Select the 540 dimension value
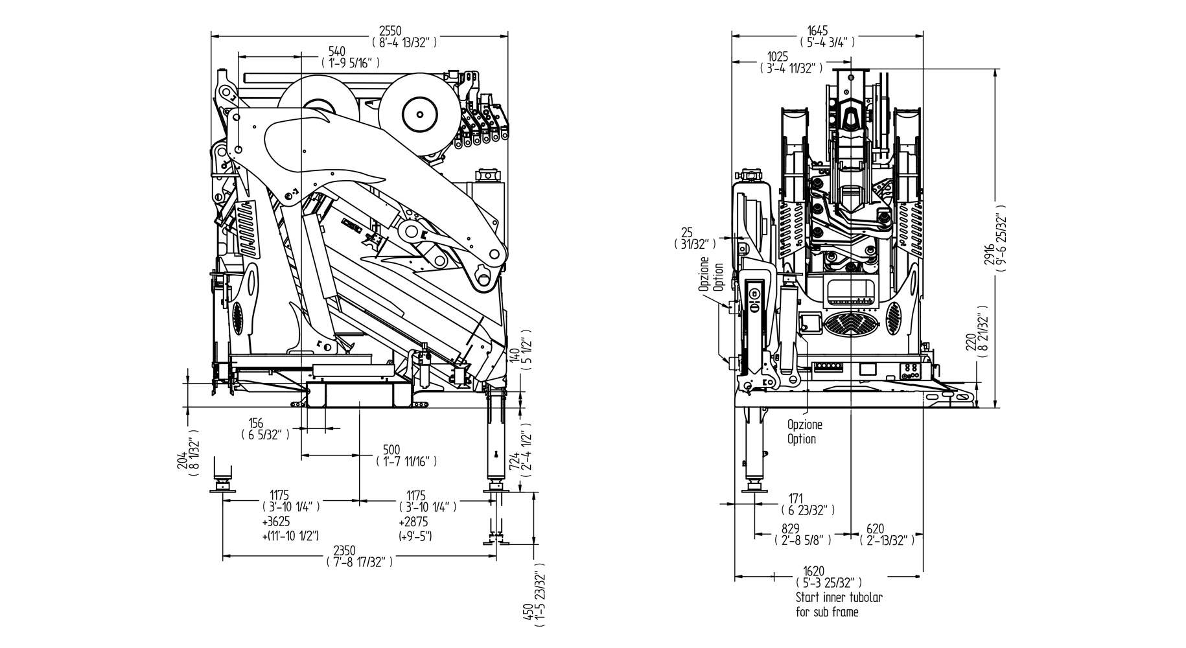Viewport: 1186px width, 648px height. [x=336, y=51]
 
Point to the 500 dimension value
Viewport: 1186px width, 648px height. [x=391, y=450]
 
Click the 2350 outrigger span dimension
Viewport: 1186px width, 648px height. [x=343, y=551]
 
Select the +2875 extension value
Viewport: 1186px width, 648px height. [x=413, y=522]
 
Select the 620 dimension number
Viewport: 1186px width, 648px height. [x=874, y=528]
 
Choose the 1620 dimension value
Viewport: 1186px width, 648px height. [x=814, y=571]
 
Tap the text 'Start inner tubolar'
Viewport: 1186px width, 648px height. [x=839, y=597]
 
